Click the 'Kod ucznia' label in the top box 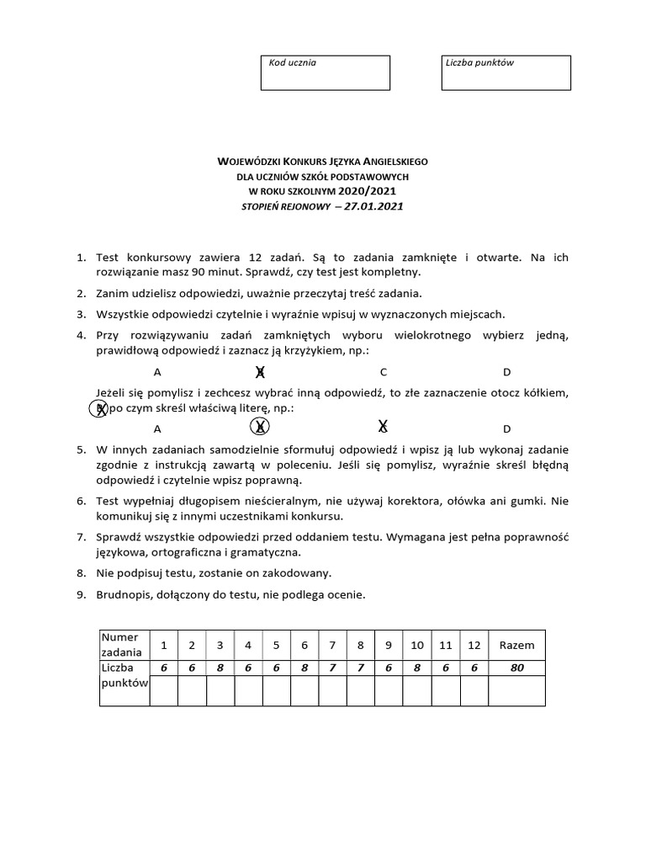pos(292,63)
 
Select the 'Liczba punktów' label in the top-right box pos(480,63)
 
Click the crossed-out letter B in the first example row pos(261,372)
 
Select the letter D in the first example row pos(507,372)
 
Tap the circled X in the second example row pos(261,427)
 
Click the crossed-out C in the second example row pos(383,427)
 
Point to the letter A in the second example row pos(157,428)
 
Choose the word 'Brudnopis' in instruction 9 pos(125,594)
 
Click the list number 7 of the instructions pos(81,536)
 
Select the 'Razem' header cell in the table pos(516,645)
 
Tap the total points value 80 pos(516,668)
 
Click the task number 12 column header pos(474,645)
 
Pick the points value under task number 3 pos(220,668)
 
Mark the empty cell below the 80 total pos(516,690)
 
